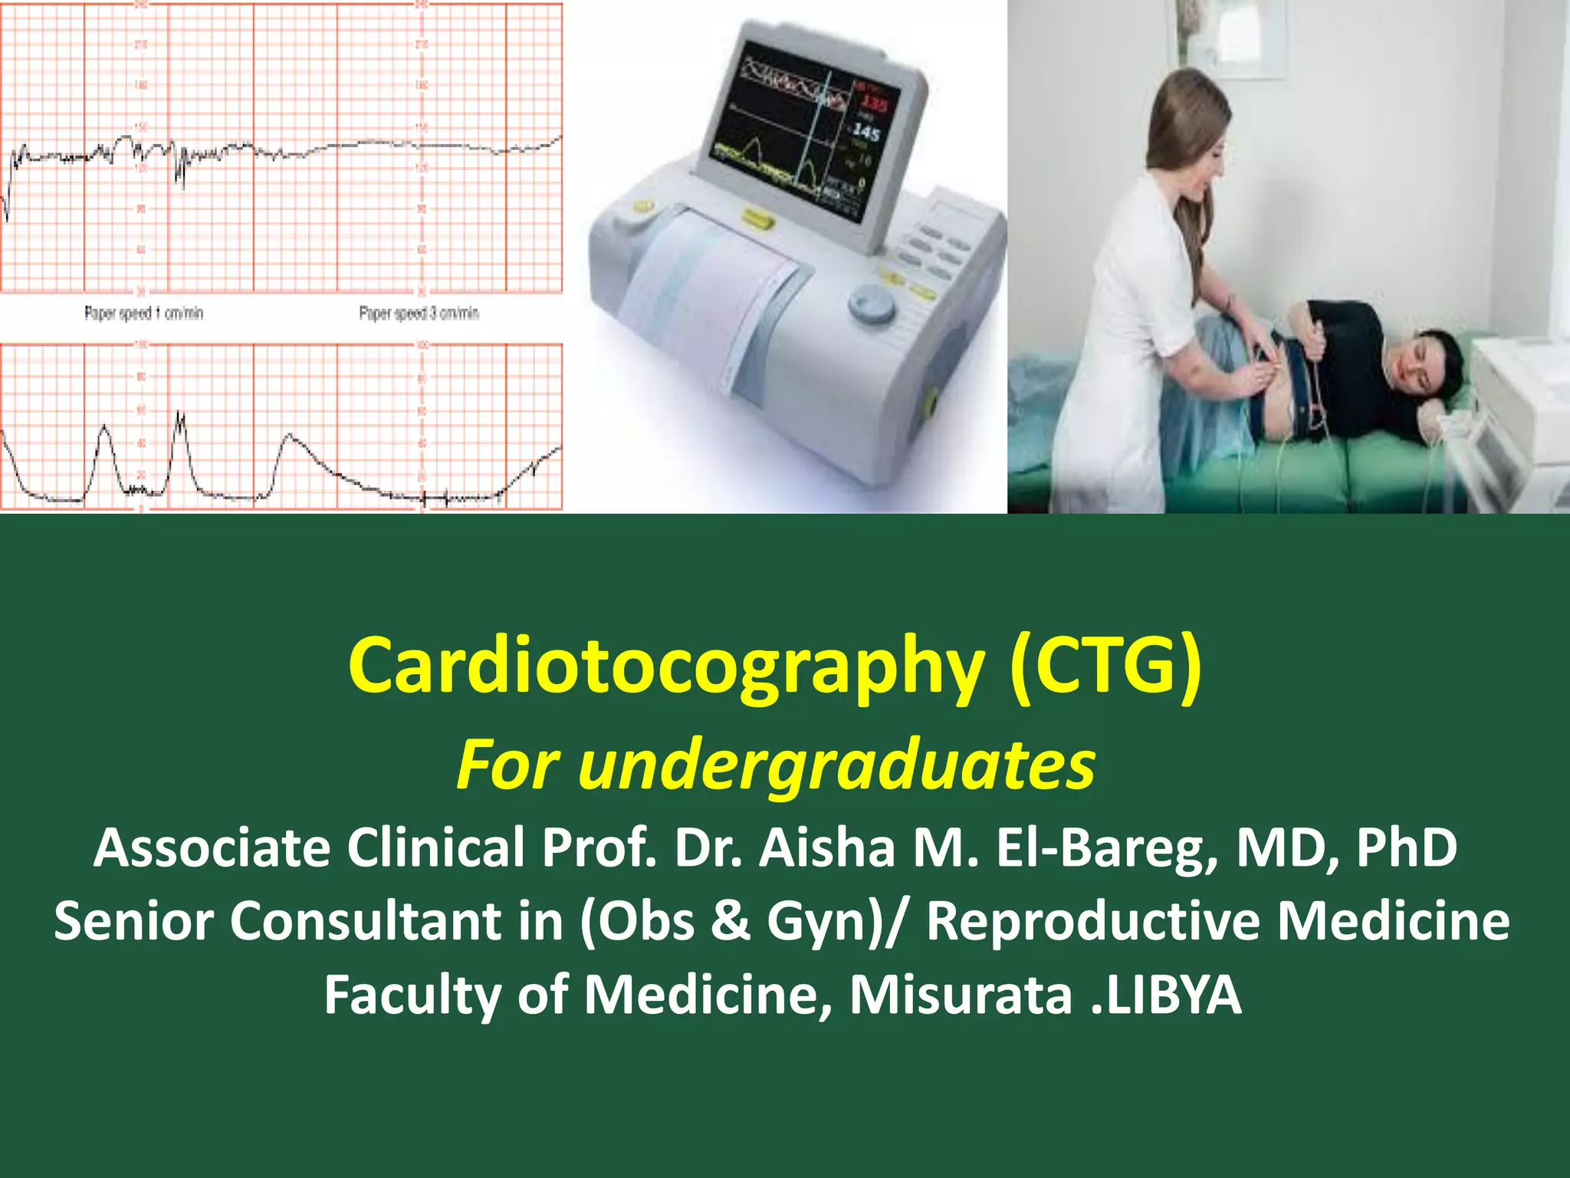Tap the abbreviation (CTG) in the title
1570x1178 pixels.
[1105, 664]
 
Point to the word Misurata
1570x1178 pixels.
[961, 995]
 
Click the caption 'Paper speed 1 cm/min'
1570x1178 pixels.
[143, 314]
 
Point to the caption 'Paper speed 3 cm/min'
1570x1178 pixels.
[419, 314]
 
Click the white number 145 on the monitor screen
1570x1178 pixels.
[866, 133]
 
